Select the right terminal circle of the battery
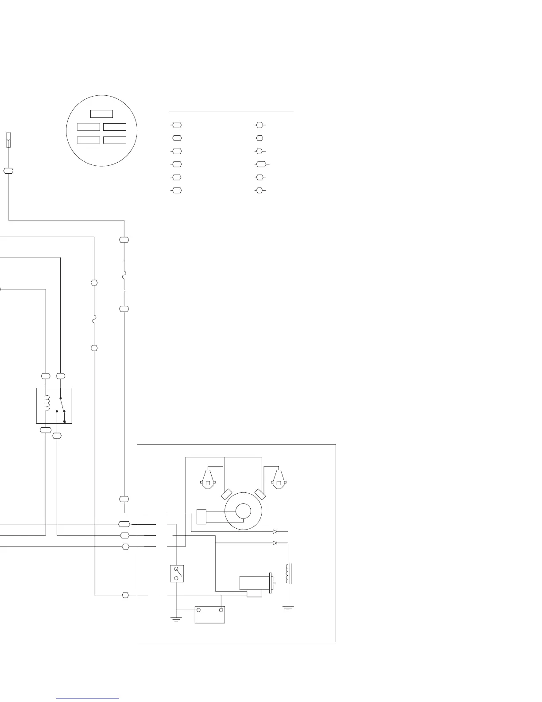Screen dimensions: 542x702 (x=221, y=610)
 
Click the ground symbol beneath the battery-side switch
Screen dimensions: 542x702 (x=176, y=619)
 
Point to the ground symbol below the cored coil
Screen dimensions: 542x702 (x=288, y=608)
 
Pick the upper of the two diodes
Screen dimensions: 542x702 (x=275, y=531)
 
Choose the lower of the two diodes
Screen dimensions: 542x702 (x=275, y=542)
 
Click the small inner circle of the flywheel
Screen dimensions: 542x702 (x=243, y=511)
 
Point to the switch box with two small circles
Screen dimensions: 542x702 (x=177, y=573)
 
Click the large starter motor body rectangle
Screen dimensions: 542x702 (x=254, y=583)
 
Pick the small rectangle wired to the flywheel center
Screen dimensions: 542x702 (x=201, y=517)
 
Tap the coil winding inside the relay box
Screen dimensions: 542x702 (x=47, y=403)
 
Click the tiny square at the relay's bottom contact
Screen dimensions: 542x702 (x=65, y=421)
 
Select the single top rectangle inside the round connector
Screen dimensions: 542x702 (x=101, y=113)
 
